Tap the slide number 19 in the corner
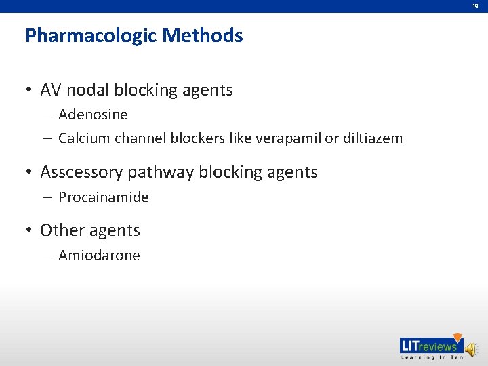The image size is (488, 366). (x=476, y=6)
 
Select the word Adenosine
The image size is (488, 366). (x=93, y=115)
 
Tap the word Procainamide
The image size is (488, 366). (x=104, y=198)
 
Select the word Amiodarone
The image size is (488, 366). (x=99, y=256)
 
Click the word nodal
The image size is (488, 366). (x=89, y=90)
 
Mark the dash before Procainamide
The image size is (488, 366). (x=48, y=198)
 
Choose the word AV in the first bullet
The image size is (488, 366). (x=50, y=90)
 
